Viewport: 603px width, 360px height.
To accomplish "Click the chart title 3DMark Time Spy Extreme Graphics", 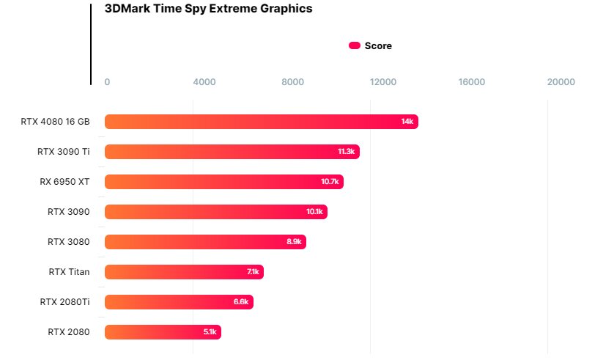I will click(208, 9).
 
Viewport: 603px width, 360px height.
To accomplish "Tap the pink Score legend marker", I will click(355, 45).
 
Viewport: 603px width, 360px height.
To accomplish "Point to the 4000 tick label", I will click(204, 81).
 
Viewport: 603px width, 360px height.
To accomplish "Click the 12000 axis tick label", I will click(382, 81).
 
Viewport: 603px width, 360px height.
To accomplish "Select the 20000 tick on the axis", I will click(561, 81).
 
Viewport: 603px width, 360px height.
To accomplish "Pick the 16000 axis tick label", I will click(471, 81).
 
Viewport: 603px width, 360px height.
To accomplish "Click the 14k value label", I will click(407, 122).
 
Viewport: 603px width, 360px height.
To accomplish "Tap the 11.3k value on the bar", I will click(346, 152).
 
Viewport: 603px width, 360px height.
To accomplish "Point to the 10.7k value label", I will click(330, 182).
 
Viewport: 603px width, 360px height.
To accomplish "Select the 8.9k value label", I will click(295, 242).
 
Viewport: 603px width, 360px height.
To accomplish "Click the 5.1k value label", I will click(210, 332).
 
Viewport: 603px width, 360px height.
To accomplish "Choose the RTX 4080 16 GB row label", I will click(55, 122).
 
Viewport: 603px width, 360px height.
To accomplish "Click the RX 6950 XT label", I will click(64, 182).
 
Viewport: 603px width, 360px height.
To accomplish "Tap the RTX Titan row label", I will click(69, 272).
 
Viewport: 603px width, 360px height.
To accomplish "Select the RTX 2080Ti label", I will click(64, 302).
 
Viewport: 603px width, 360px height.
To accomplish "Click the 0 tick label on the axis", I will click(107, 81).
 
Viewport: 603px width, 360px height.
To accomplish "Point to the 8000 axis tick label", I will click(292, 81).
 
